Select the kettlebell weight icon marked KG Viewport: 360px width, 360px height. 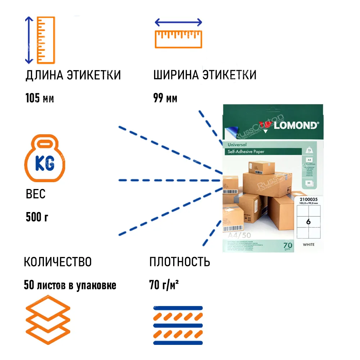(x=45, y=159)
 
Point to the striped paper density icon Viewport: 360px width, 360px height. (x=178, y=325)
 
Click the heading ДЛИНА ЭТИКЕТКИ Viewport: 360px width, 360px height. (x=73, y=75)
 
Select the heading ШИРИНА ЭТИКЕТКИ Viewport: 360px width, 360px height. (x=205, y=75)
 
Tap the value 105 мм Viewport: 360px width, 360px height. (x=40, y=98)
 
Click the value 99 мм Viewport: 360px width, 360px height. (x=165, y=98)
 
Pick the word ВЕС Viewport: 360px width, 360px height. (x=36, y=194)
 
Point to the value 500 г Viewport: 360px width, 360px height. (x=37, y=217)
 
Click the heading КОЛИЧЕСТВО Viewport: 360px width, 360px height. (x=58, y=262)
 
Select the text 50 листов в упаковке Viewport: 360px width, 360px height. (x=70, y=285)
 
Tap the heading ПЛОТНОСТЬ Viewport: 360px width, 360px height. (x=180, y=262)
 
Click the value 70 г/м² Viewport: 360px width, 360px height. (x=164, y=285)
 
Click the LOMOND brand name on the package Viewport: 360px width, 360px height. (x=296, y=125)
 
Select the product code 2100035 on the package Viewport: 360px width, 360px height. (x=308, y=199)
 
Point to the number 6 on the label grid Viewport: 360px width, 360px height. (x=308, y=222)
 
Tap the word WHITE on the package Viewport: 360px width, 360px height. (x=309, y=245)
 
